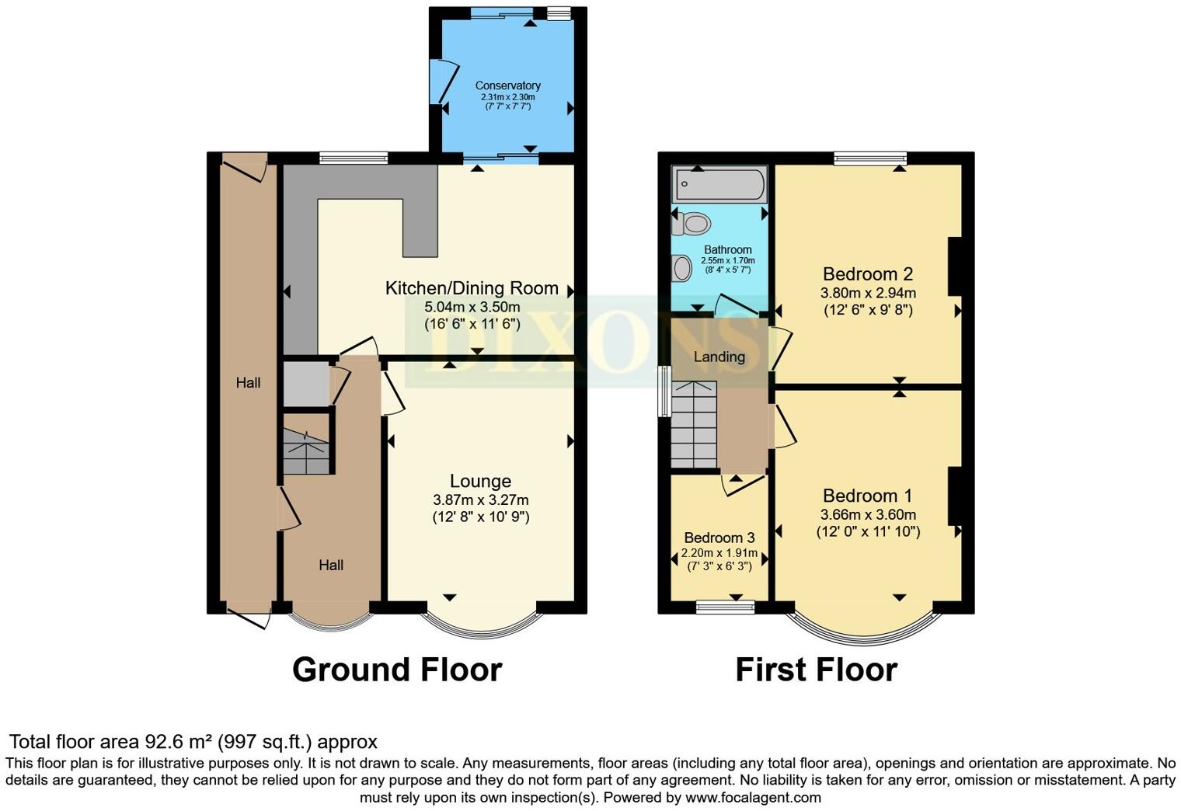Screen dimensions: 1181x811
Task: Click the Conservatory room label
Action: (x=507, y=85)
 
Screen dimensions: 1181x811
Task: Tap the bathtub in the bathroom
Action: (x=719, y=184)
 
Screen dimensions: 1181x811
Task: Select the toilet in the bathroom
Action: (x=692, y=224)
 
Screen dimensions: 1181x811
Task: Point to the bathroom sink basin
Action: (x=681, y=268)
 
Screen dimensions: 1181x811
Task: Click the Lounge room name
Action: (x=480, y=481)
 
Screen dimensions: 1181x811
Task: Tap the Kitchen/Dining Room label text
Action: (x=472, y=288)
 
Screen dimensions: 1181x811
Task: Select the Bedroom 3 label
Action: (x=719, y=538)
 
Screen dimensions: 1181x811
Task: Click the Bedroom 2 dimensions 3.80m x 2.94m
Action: (x=868, y=293)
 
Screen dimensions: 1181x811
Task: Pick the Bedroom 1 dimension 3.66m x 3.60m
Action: (x=868, y=515)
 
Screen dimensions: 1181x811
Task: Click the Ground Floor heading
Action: (x=397, y=670)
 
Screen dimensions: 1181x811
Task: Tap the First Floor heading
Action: (x=816, y=670)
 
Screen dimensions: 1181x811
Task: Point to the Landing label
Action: (x=719, y=357)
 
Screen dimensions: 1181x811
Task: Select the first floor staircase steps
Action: (x=694, y=425)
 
